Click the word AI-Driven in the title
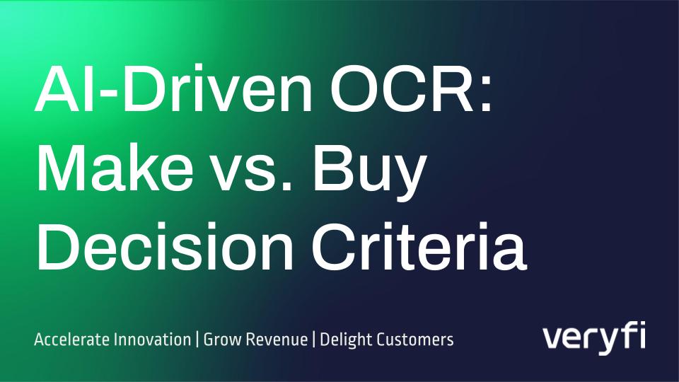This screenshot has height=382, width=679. pyautogui.click(x=173, y=88)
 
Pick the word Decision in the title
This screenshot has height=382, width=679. pyautogui.click(x=166, y=246)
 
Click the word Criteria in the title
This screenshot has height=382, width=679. pyautogui.click(x=419, y=246)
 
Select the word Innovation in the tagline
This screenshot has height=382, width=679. pyautogui.click(x=152, y=339)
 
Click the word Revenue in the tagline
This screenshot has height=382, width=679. pyautogui.click(x=274, y=340)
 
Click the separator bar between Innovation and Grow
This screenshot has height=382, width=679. pyautogui.click(x=197, y=340)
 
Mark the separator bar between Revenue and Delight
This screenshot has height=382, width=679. pyautogui.click(x=314, y=340)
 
